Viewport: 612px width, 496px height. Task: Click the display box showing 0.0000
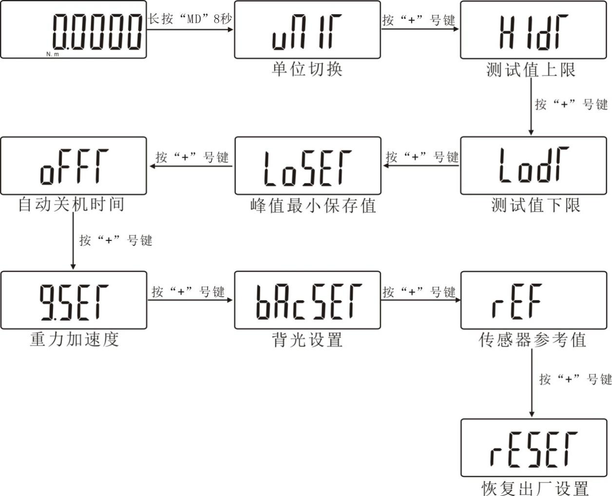click(x=73, y=30)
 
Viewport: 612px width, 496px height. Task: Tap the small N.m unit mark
click(x=53, y=54)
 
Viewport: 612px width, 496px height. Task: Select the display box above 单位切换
click(x=307, y=30)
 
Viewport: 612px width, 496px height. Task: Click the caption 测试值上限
click(x=531, y=70)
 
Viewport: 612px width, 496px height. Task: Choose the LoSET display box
click(x=307, y=166)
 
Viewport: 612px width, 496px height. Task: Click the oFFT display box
click(x=73, y=166)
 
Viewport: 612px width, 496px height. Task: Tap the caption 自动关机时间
click(x=71, y=204)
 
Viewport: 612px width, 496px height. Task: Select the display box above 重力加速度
click(x=74, y=300)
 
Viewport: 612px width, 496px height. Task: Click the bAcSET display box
click(x=307, y=300)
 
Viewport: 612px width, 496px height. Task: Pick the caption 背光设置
click(x=307, y=339)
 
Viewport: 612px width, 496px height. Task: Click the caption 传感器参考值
click(x=532, y=339)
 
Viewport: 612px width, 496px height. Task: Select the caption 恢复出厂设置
click(x=535, y=487)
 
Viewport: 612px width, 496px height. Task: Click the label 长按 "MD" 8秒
click(x=190, y=19)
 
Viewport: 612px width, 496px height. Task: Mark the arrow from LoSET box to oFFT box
click(x=191, y=166)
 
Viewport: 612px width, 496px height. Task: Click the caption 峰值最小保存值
click(x=313, y=205)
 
